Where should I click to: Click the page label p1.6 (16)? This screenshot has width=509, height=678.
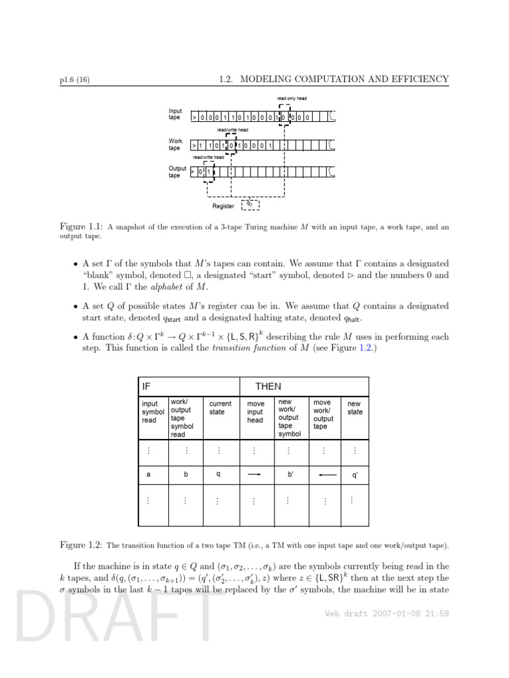click(x=74, y=80)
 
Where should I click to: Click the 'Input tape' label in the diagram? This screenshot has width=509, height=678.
click(x=175, y=114)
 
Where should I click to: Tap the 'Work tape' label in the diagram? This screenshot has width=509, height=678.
click(x=175, y=144)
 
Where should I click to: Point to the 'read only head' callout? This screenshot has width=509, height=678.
click(x=292, y=99)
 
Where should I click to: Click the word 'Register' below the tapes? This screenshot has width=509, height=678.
click(x=223, y=206)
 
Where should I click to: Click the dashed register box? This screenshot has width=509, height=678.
click(x=250, y=205)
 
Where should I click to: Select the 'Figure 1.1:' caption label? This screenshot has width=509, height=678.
click(x=80, y=227)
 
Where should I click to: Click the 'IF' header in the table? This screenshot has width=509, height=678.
click(x=146, y=386)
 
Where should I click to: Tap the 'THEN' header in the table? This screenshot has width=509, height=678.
click(x=268, y=386)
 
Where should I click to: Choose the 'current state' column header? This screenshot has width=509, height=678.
click(x=220, y=407)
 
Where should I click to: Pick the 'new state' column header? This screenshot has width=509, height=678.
click(x=355, y=407)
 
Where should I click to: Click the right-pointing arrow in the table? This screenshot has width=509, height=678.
click(x=255, y=474)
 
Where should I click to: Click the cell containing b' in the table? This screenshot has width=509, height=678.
click(x=290, y=475)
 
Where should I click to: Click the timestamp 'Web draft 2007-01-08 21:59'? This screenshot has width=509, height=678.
click(x=387, y=613)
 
